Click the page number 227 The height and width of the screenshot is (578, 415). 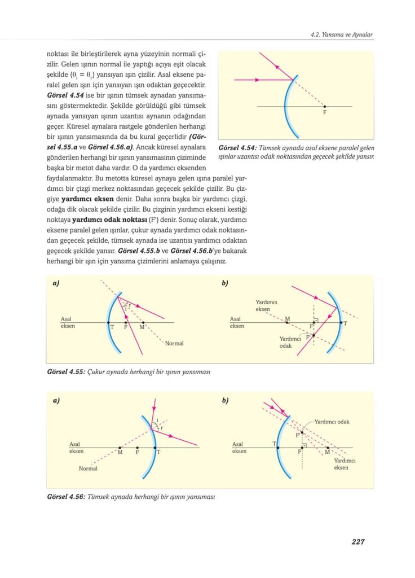tap(357, 542)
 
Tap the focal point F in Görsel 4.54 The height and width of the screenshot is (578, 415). tap(325, 107)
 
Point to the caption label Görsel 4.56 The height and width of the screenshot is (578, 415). tap(66, 497)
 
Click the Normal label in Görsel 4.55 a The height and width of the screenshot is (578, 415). tap(174, 343)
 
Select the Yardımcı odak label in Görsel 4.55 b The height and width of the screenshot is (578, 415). tap(290, 342)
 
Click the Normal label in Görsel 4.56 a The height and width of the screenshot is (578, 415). tap(88, 468)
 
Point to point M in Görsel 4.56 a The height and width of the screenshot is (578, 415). tap(120, 449)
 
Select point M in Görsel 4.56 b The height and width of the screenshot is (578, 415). tap(328, 449)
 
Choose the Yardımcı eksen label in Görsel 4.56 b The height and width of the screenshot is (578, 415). tap(341, 464)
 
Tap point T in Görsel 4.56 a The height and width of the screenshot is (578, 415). tap(155, 449)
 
